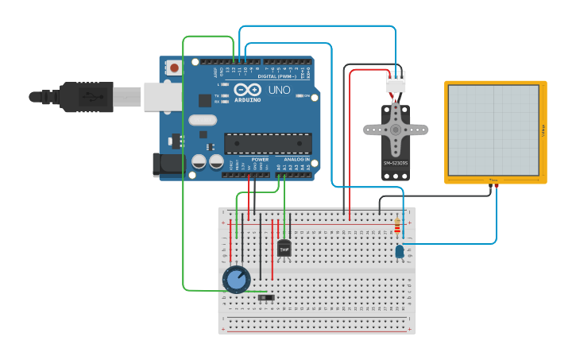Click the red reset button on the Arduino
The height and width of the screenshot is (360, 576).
pos(174,68)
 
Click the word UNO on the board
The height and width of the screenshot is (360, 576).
pos(279,90)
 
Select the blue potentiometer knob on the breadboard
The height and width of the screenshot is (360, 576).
pos(236,279)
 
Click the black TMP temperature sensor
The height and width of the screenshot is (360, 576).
pos(284,249)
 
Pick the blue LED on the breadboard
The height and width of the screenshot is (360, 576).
pos(399,252)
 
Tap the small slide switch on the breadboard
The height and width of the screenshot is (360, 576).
pos(268,298)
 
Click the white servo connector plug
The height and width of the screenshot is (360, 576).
pos(394,82)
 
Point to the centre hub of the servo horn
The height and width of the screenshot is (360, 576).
pos(394,129)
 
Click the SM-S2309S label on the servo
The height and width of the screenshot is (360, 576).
pos(395,163)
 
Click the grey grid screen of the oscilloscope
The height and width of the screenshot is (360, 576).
pos(493,130)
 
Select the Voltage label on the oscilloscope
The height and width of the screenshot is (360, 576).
pos(543,130)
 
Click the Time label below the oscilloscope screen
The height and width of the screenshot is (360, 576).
pos(493,180)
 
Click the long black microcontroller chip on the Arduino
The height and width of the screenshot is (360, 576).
pos(267,143)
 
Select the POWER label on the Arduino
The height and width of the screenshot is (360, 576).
pos(260,159)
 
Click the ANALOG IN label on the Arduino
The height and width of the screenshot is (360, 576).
pos(296,159)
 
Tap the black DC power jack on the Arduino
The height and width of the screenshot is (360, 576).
pos(170,165)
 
